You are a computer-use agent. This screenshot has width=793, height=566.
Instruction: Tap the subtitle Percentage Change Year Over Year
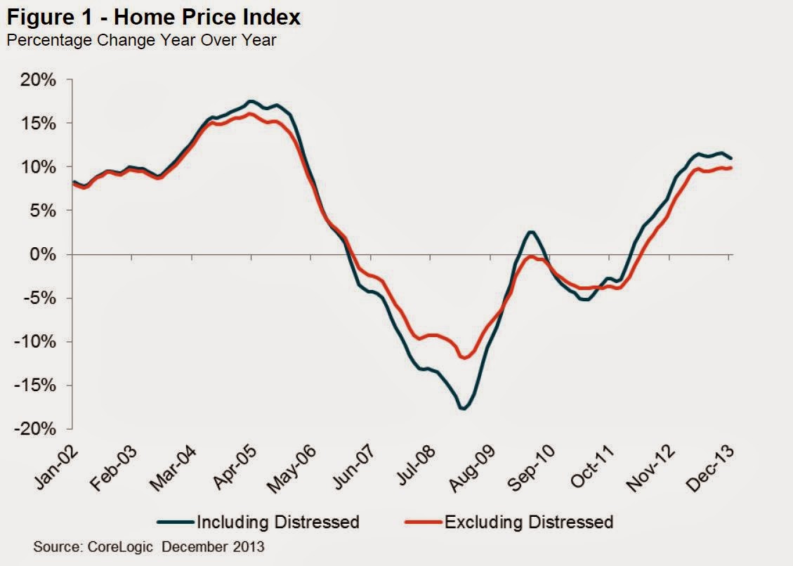click(x=141, y=41)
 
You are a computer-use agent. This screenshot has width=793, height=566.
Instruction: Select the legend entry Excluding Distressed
click(x=528, y=522)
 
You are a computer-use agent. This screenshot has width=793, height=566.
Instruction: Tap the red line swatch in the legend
click(x=424, y=522)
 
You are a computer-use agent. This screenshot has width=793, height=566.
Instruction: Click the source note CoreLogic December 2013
click(x=149, y=546)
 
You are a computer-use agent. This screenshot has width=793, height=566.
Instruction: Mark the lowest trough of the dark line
click(x=463, y=409)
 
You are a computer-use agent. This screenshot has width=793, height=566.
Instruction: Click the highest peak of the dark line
click(x=251, y=101)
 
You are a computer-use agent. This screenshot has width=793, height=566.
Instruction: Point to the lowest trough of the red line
click(x=464, y=358)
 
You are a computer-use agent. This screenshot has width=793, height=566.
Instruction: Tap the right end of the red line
click(x=732, y=167)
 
